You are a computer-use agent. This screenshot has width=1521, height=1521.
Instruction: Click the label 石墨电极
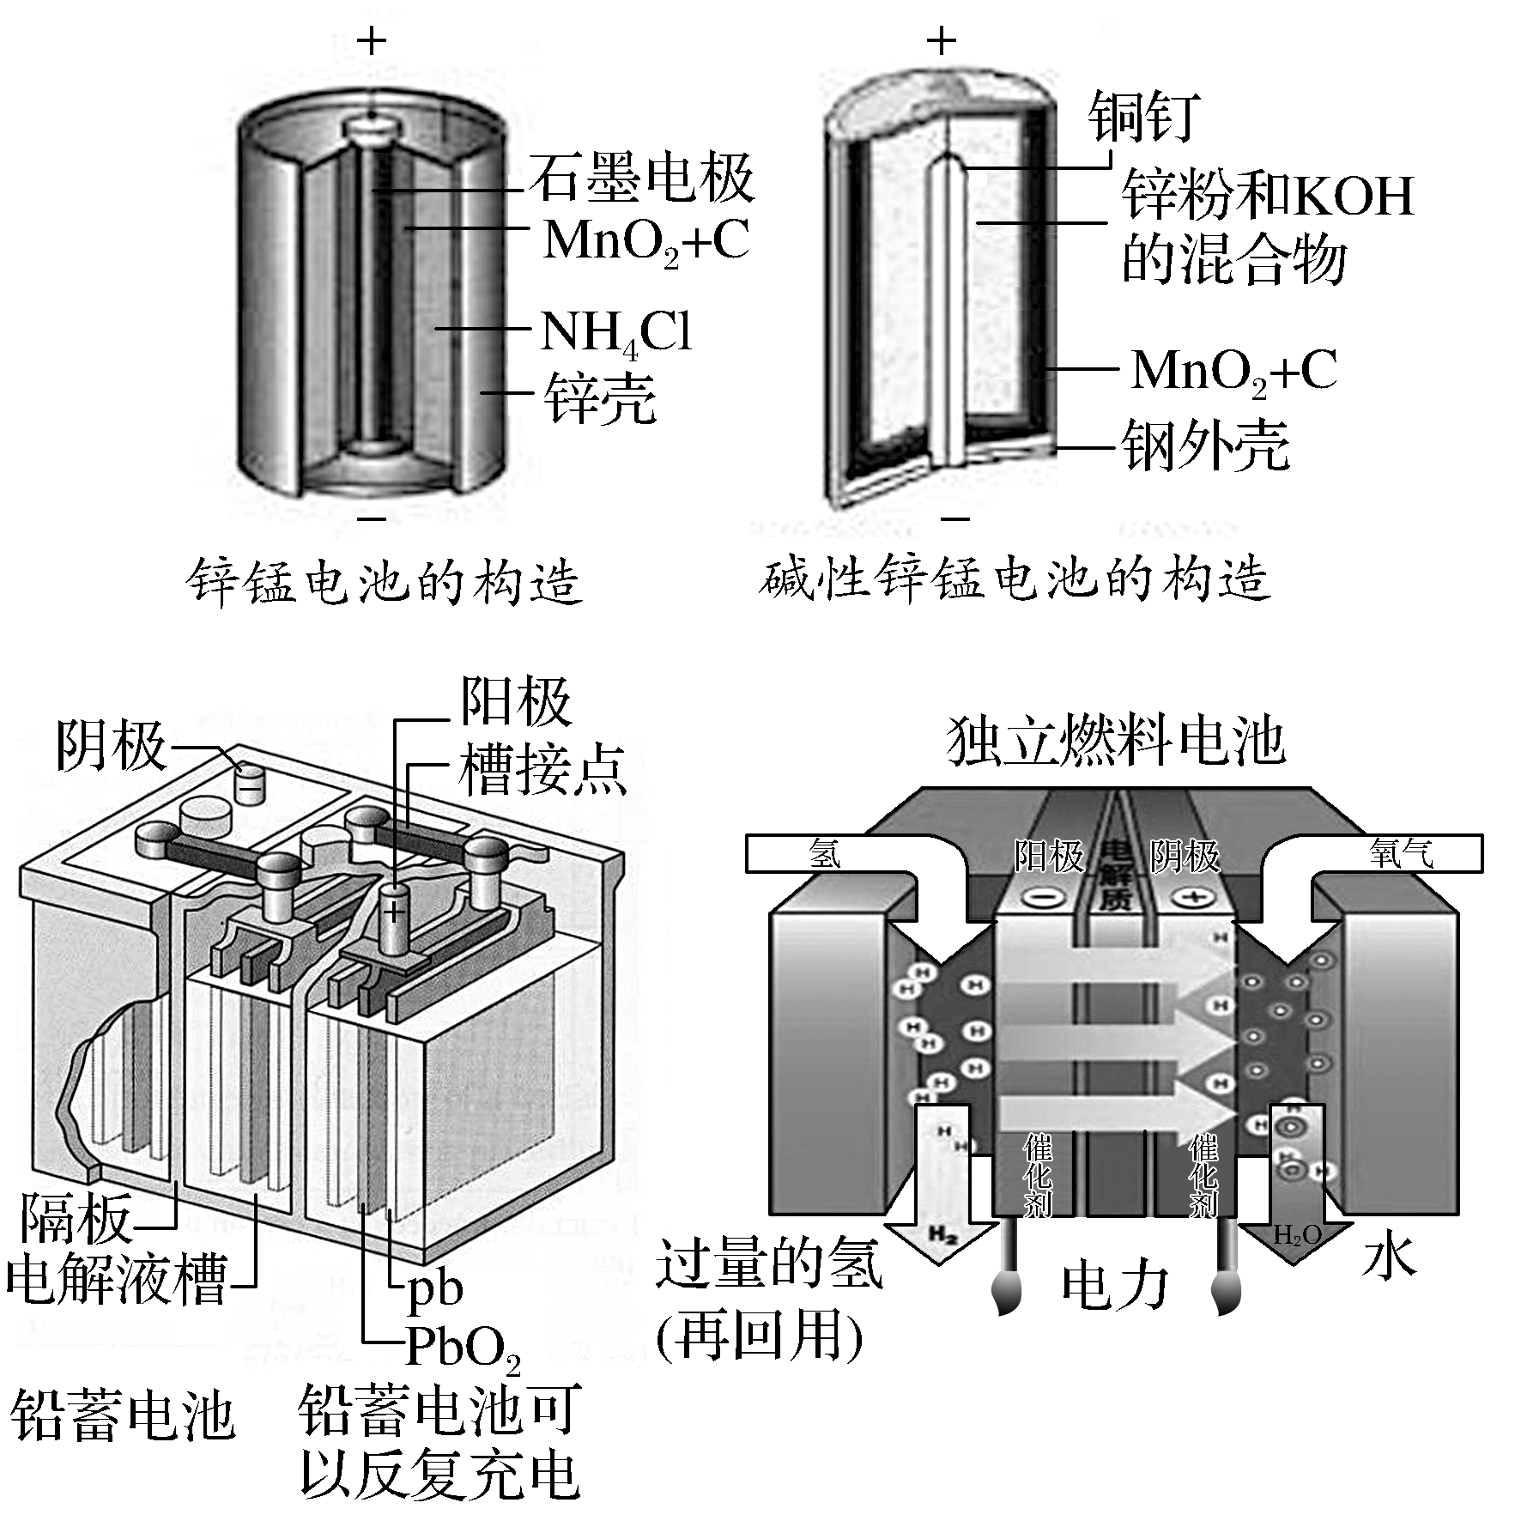[x=641, y=179]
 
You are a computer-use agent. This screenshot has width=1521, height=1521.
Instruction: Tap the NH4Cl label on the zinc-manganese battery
[x=615, y=332]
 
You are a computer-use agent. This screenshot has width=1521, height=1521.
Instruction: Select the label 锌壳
[x=600, y=398]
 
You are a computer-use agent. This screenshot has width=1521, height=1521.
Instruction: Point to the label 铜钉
[x=1143, y=117]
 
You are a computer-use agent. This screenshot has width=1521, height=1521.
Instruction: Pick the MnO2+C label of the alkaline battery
[x=1233, y=372]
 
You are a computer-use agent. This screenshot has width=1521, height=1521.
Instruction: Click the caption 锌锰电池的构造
[x=384, y=583]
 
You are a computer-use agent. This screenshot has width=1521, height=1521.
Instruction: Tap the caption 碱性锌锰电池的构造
[x=1014, y=579]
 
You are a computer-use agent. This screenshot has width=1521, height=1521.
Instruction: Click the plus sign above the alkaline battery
[x=942, y=40]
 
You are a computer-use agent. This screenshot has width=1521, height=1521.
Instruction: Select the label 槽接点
[x=542, y=770]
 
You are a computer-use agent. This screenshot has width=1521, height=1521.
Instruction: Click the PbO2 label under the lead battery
[x=463, y=1347]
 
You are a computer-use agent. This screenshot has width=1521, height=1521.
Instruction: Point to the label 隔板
[x=76, y=1219]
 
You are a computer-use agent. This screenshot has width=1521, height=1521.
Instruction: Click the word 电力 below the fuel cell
[x=1115, y=1287]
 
